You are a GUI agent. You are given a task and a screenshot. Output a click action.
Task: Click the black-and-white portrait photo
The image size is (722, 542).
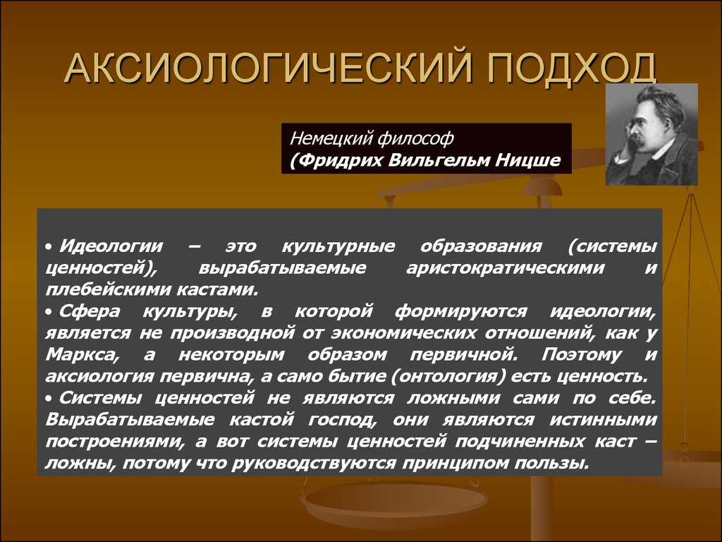click(651, 134)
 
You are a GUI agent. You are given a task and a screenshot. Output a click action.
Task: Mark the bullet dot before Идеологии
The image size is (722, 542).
click(49, 248)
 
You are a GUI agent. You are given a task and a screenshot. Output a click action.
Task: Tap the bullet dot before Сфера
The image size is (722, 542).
click(49, 313)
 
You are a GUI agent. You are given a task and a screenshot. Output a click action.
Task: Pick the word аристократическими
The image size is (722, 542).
click(505, 267)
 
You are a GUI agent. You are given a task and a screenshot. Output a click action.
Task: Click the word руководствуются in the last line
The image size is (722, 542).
click(314, 463)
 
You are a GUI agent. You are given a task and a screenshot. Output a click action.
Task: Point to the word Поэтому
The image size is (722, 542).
click(582, 355)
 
